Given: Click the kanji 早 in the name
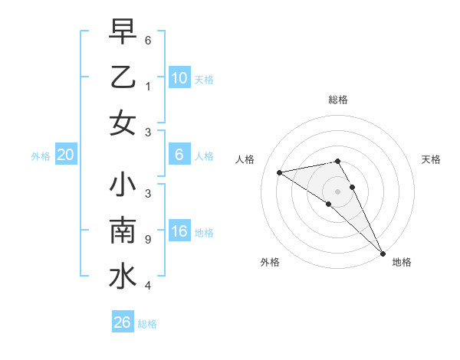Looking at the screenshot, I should [123, 31].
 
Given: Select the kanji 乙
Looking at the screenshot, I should [123, 77].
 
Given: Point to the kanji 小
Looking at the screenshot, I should [123, 185].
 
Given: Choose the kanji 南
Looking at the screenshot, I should [123, 231].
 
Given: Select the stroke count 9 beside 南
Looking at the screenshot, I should [148, 240].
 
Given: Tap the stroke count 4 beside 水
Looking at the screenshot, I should [148, 286].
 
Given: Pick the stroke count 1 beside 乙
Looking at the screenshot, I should [148, 87].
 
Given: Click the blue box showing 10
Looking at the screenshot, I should [179, 77].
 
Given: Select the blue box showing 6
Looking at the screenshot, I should [179, 155].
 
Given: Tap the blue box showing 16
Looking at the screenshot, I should [179, 232].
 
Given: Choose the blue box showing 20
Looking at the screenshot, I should [65, 155].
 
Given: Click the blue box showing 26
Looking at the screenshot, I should [123, 322].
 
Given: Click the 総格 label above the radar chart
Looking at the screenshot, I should [338, 100].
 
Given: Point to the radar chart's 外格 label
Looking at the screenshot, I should [270, 262].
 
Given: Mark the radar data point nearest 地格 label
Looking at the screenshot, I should [383, 253].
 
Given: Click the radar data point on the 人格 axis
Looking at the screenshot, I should [280, 172].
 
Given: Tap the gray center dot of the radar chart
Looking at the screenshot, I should [338, 190].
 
